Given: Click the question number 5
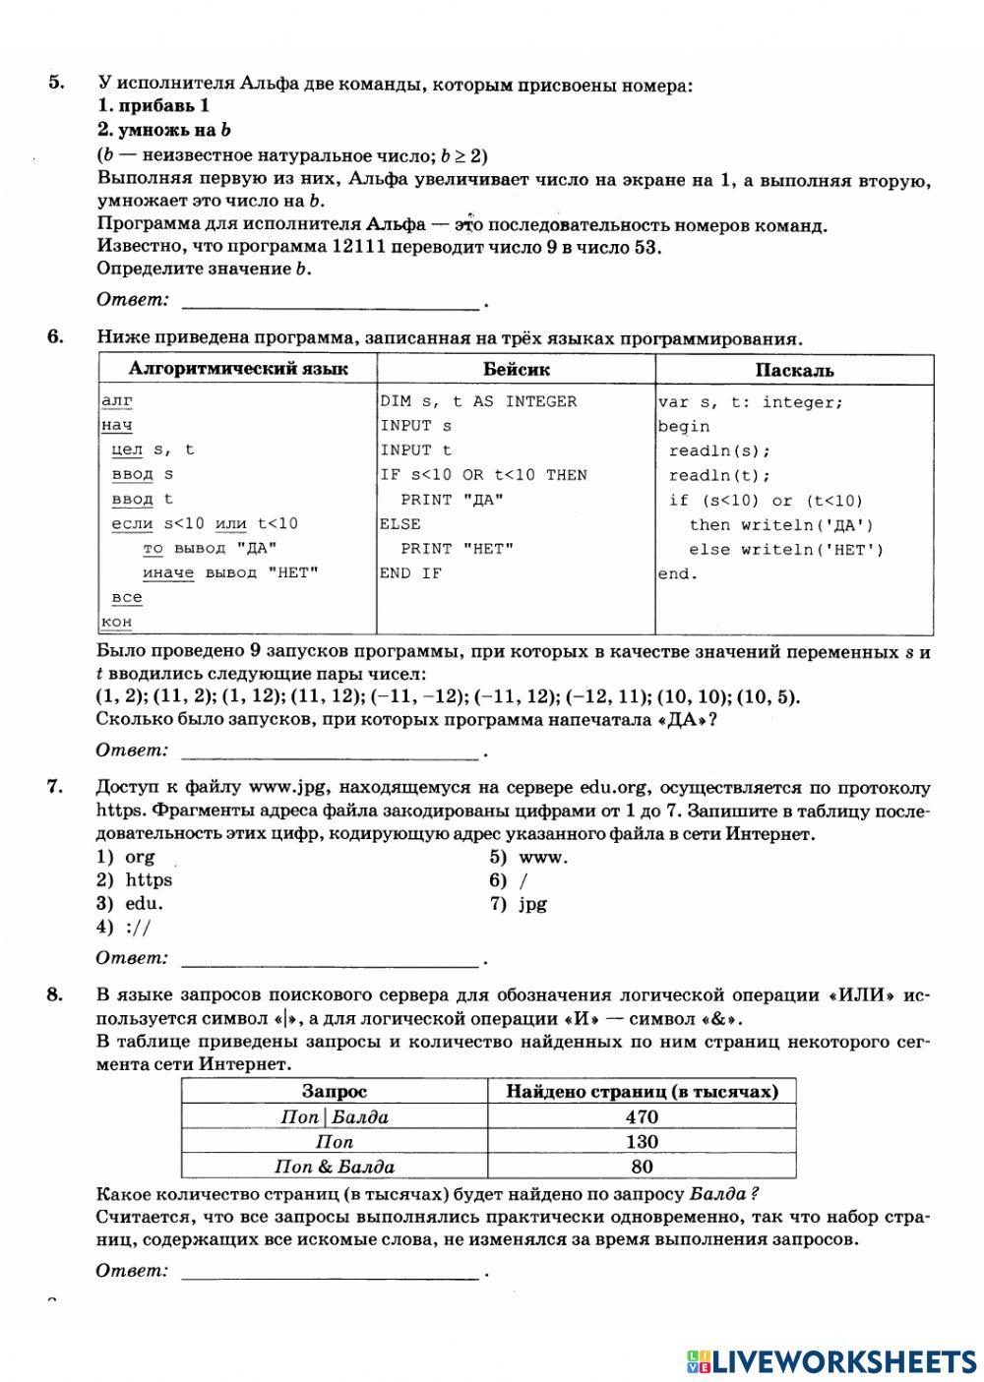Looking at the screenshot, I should pos(56,83).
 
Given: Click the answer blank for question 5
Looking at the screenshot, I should pos(331,300).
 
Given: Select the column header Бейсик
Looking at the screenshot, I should pos(516,370).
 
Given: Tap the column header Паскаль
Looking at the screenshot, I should pos(794,370).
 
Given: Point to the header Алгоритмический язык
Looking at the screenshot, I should pos(238,369).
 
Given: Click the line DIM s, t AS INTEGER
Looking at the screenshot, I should pos(478,401).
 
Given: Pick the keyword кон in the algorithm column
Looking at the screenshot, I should pos(116,622).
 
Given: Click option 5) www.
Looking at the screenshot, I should pos(529,856).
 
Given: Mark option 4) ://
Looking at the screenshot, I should pos(124,928).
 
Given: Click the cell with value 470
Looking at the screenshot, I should pos(642,1116).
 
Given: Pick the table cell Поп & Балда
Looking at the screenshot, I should pos(335,1167).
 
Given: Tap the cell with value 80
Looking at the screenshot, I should pos(642,1167).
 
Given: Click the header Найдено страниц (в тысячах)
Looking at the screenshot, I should pos(642,1091).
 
